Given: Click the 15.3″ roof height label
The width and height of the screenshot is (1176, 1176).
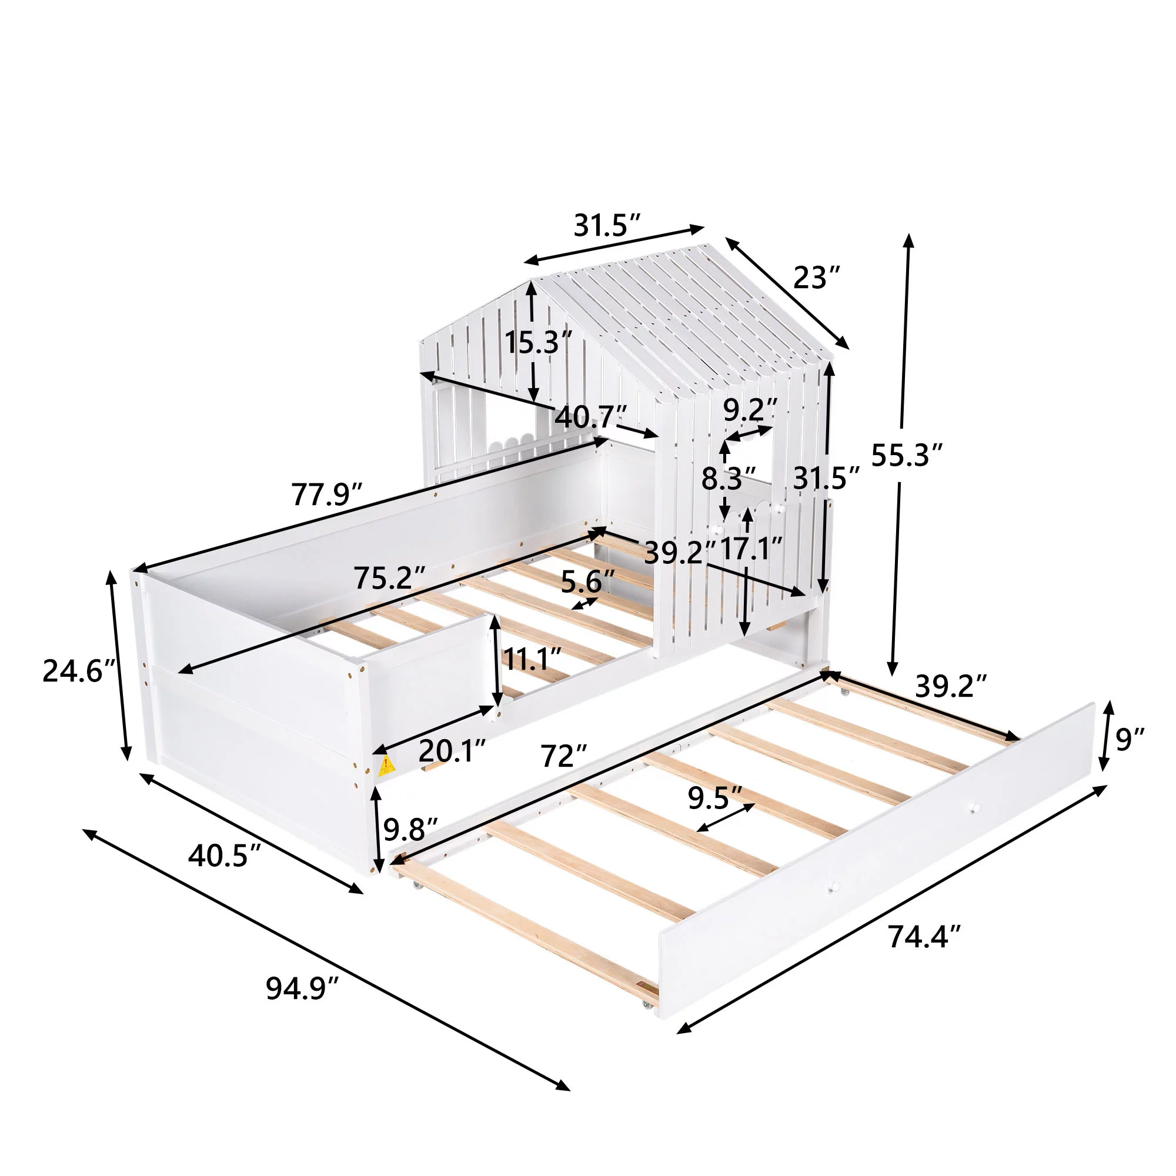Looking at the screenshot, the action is tap(538, 343).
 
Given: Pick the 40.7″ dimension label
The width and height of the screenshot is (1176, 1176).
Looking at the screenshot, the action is tap(590, 417).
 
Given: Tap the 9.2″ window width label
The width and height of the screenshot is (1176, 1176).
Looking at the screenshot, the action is tap(750, 410).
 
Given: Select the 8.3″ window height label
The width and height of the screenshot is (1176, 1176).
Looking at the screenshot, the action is tap(729, 479).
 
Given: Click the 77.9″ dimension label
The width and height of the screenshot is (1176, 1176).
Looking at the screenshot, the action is tap(328, 495).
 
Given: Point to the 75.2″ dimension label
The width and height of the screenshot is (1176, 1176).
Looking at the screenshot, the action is tap(390, 577).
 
